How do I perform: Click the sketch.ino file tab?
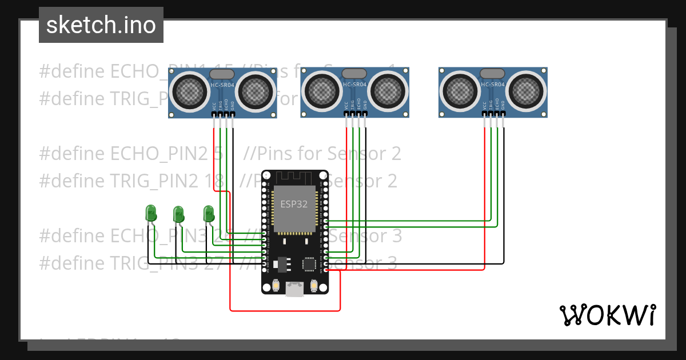tap(101, 25)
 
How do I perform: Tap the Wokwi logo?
tap(607, 315)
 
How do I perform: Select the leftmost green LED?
tap(151, 213)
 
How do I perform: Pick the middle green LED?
tap(178, 214)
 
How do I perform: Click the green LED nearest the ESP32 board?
tap(209, 214)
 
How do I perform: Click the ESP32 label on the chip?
tap(294, 204)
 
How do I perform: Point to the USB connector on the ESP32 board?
tap(295, 290)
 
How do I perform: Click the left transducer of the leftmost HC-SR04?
tap(190, 90)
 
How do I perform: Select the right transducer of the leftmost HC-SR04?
tap(256, 90)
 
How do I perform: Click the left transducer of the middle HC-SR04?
tap(322, 90)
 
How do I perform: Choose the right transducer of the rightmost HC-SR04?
tap(526, 90)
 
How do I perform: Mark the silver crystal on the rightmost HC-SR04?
tap(493, 73)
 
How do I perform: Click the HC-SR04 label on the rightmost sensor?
tap(493, 85)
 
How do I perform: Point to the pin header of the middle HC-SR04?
tap(356, 115)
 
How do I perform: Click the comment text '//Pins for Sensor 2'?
tap(322, 154)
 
